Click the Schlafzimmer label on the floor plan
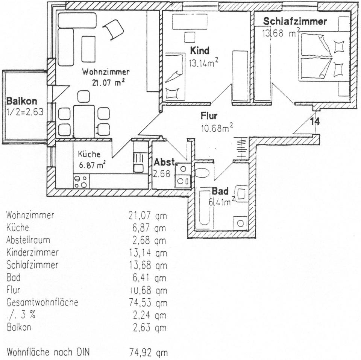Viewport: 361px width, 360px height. [x=295, y=21]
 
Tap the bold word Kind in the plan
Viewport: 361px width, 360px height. [x=200, y=50]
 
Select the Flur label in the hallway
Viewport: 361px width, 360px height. [x=209, y=115]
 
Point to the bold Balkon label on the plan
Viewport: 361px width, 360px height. [x=22, y=101]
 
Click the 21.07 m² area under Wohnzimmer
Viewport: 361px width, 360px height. [x=108, y=82]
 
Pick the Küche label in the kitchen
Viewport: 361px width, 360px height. [x=89, y=154]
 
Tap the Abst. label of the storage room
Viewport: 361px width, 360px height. [x=165, y=163]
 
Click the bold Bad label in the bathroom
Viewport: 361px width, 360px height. [x=220, y=191]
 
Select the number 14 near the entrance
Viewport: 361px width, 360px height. [x=315, y=122]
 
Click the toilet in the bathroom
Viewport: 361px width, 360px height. [x=202, y=173]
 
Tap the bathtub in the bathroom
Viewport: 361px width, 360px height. [x=205, y=208]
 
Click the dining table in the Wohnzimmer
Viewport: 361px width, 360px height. [x=84, y=122]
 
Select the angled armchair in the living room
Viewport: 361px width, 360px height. [x=113, y=29]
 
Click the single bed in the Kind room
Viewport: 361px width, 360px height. [x=175, y=77]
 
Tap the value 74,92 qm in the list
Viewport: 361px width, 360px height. [x=148, y=352]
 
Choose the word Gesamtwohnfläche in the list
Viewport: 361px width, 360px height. [x=42, y=302]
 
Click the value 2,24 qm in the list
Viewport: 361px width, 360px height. [x=149, y=315]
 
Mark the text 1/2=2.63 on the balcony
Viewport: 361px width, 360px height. [x=25, y=112]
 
